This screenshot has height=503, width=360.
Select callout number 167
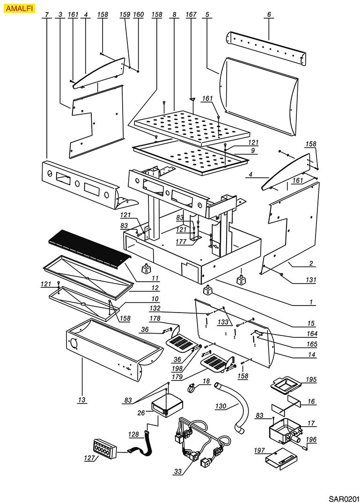191,15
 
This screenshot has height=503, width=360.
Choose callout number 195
311,379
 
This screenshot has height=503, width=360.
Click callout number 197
259,450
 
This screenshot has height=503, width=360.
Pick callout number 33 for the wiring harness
178,472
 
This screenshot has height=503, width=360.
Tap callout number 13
82,400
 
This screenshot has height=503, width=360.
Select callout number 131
311,280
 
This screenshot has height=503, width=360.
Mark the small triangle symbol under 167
192,99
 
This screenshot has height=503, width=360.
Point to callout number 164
311,334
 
